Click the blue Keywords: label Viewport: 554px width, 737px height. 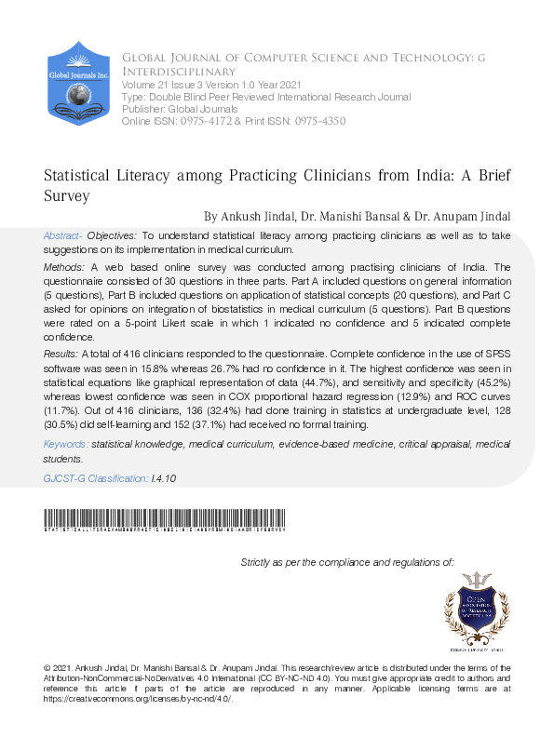click(x=66, y=446)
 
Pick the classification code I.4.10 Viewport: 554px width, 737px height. click(x=164, y=477)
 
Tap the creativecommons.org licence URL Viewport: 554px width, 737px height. click(x=137, y=698)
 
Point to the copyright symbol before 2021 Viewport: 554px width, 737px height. click(x=47, y=668)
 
